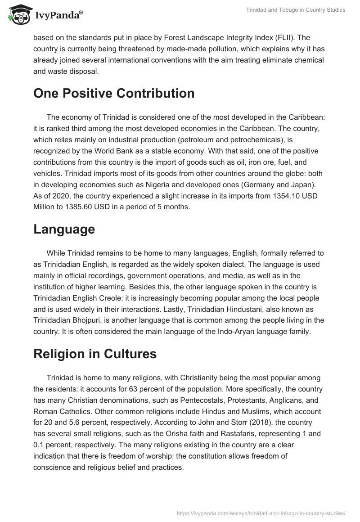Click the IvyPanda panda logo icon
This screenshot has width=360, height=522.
[18, 15]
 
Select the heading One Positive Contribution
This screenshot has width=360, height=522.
[114, 94]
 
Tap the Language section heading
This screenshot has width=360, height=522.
[64, 229]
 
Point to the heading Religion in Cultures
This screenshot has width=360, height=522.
[95, 354]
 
